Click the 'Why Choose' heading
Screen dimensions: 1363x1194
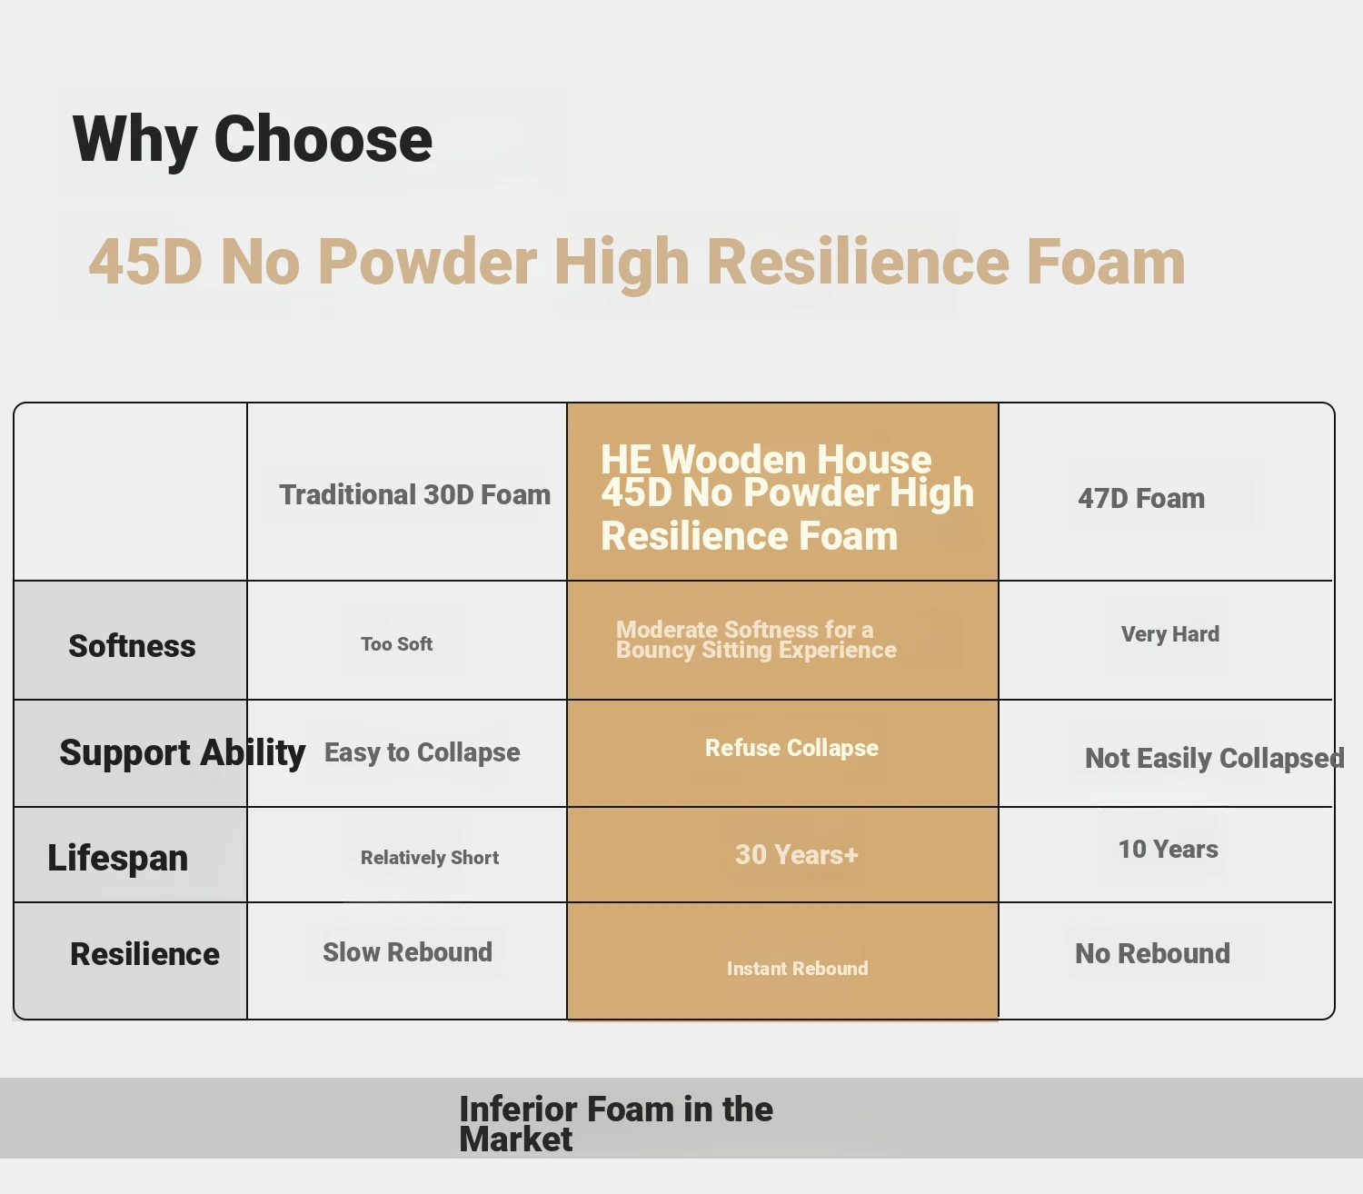click(253, 140)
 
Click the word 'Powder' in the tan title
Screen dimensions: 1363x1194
click(426, 263)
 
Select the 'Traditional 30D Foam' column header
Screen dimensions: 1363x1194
click(415, 495)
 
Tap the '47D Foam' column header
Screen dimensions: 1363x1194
click(1141, 499)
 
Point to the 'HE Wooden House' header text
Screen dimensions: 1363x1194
click(766, 460)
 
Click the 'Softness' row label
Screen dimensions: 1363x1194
click(132, 646)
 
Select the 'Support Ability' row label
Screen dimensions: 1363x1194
click(183, 752)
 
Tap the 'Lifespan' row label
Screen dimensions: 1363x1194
click(118, 858)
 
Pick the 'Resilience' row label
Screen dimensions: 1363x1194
click(144, 954)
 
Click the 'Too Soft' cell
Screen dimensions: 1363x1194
click(396, 643)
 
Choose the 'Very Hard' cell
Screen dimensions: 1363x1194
click(1170, 633)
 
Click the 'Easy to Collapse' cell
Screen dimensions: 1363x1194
click(422, 752)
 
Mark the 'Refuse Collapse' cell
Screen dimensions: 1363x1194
click(791, 748)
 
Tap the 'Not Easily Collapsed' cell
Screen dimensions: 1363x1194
click(1214, 758)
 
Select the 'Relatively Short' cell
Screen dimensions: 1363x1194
click(430, 858)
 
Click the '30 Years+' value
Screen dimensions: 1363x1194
click(797, 855)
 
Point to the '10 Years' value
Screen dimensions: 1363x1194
click(1168, 849)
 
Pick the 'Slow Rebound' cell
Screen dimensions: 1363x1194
click(408, 952)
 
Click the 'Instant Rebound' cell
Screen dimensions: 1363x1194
click(797, 969)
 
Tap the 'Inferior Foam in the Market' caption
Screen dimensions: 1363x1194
click(615, 1123)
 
